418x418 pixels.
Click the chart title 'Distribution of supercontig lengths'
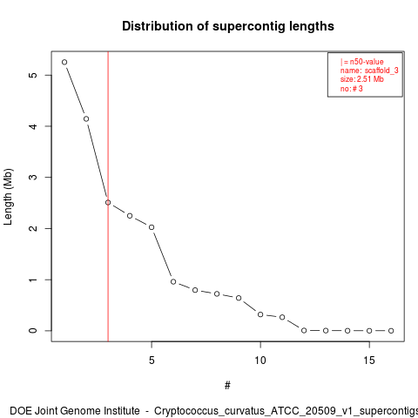click(228, 26)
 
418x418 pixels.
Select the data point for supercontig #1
click(64, 62)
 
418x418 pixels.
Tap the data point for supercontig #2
click(86, 118)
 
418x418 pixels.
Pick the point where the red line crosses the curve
click(108, 202)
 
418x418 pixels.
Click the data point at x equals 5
click(152, 227)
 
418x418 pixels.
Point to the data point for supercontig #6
click(173, 281)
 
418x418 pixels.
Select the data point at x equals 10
click(260, 314)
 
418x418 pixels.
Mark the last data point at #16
click(391, 331)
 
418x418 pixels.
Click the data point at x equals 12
click(304, 330)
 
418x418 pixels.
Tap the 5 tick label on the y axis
click(33, 75)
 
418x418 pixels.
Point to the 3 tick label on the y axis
click(33, 177)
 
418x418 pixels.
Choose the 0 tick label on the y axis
click(33, 331)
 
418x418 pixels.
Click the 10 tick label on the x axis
click(260, 361)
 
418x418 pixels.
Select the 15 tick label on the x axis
click(369, 361)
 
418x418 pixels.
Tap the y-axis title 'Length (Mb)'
click(8, 197)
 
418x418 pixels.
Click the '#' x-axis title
click(227, 386)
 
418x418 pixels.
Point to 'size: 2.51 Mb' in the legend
click(362, 79)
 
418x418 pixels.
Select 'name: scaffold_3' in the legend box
click(369, 71)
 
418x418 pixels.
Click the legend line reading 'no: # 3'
click(352, 89)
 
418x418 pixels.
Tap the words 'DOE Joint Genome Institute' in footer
click(75, 411)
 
